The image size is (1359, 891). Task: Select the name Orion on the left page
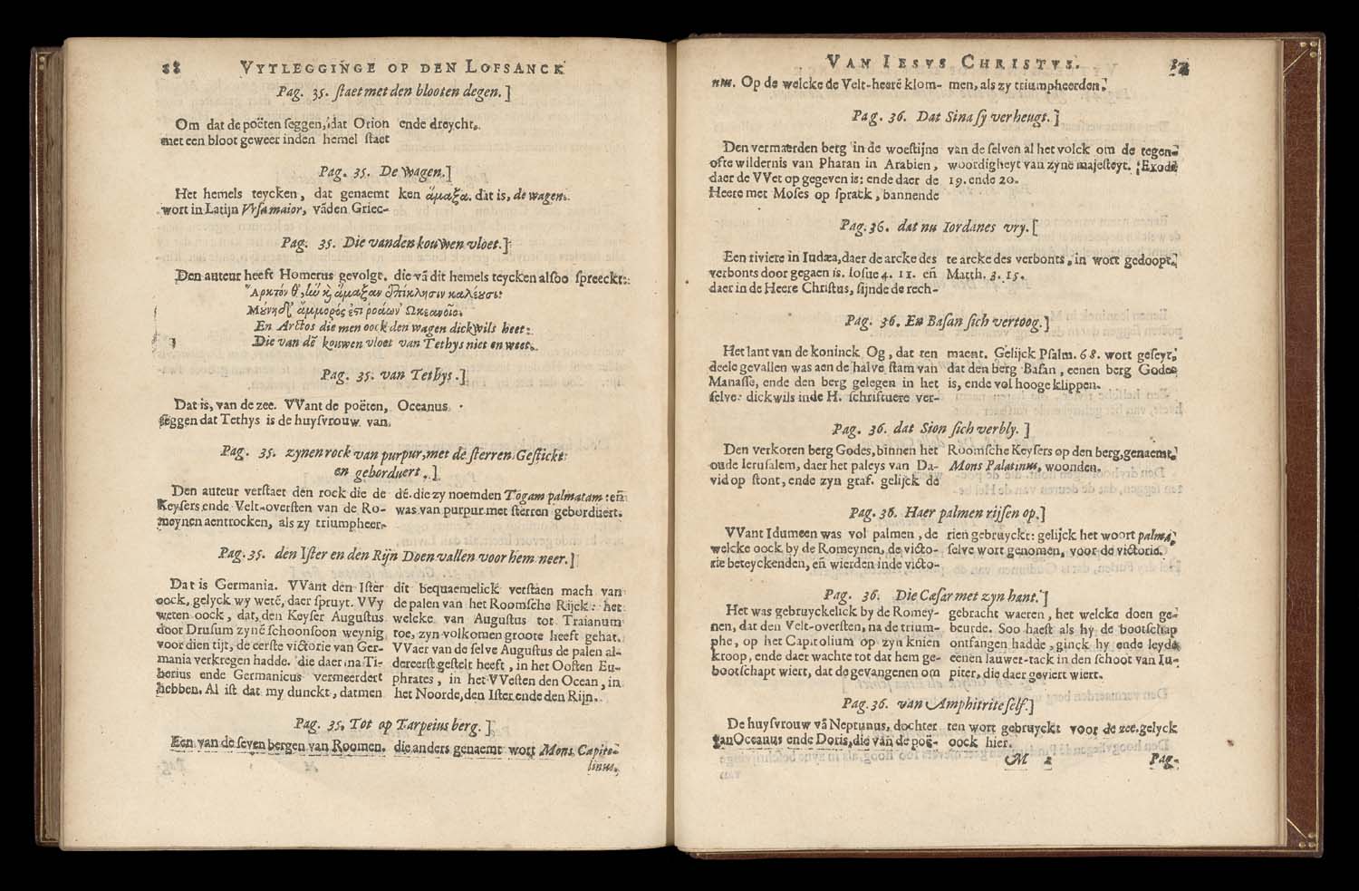pyautogui.click(x=369, y=123)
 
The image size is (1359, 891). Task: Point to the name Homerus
pyautogui.click(x=288, y=276)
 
